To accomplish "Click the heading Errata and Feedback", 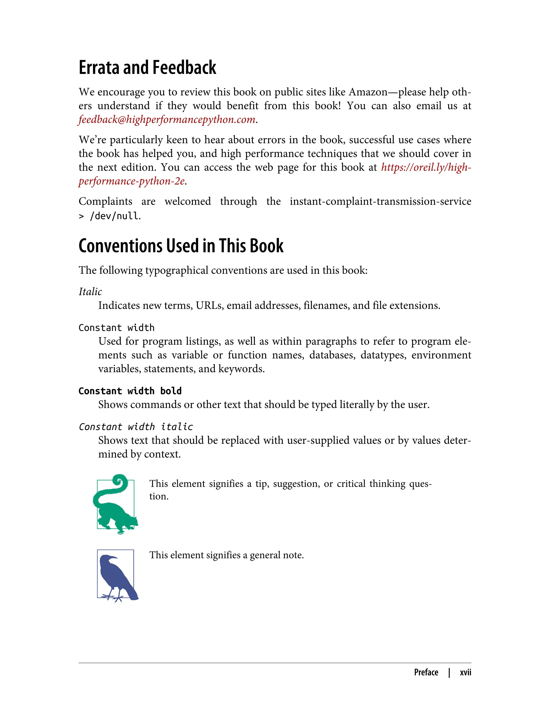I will tap(147, 68).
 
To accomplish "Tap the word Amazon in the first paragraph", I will tap(368, 92).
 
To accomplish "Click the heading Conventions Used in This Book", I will tap(181, 246).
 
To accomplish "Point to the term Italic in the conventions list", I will tap(90, 291).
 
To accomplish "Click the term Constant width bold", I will tap(130, 391).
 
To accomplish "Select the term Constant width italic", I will tap(136, 427).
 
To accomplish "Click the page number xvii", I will tap(465, 672).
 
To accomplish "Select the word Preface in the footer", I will tap(426, 672).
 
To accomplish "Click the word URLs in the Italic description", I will tap(209, 305).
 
